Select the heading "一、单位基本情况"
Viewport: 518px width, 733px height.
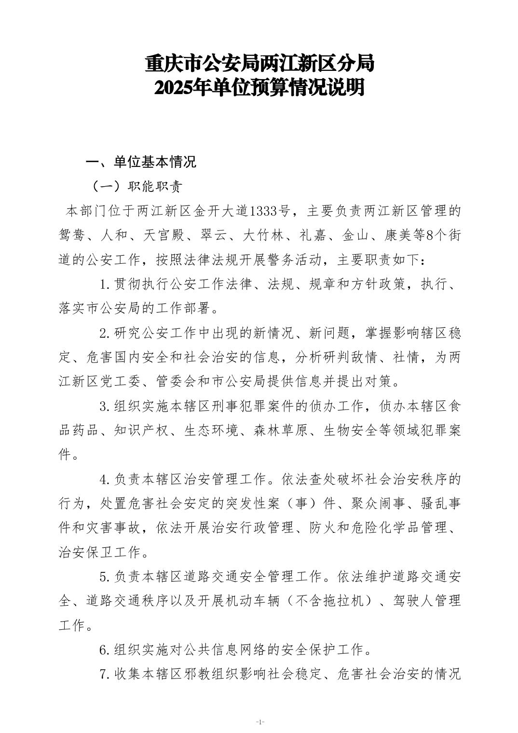click(x=141, y=162)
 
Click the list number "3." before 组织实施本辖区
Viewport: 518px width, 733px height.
click(x=105, y=407)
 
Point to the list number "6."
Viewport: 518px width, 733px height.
click(x=105, y=650)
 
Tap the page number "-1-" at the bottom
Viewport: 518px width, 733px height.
click(x=259, y=722)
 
